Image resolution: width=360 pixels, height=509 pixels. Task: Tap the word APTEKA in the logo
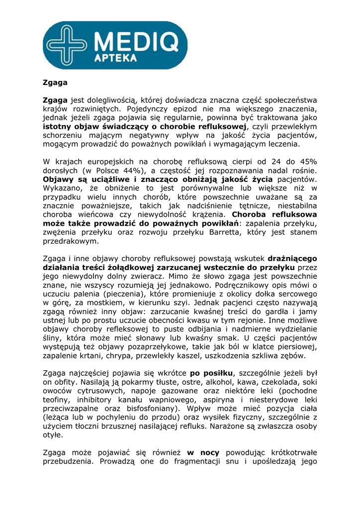pyautogui.click(x=115, y=59)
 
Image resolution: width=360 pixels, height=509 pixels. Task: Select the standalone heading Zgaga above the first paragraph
pyautogui.click(x=55, y=83)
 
